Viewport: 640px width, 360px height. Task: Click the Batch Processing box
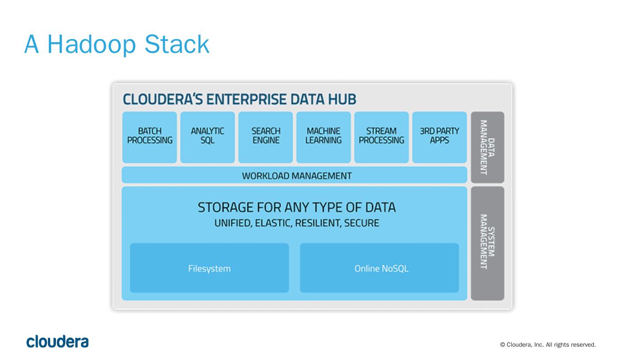[149, 137]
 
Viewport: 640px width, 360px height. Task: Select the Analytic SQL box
[207, 137]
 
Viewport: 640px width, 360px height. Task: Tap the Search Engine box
[265, 137]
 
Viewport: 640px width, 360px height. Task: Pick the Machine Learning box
[324, 137]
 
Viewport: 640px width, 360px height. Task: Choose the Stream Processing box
[381, 137]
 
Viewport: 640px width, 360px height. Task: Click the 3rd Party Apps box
[439, 137]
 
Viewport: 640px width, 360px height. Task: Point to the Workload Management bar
[294, 175]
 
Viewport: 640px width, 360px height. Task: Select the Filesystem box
[209, 268]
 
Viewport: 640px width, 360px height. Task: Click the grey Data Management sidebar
[487, 147]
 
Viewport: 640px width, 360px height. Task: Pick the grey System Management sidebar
[487, 243]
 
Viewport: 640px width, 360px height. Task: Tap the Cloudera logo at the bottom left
[57, 341]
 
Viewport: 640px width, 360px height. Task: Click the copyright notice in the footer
[548, 345]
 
